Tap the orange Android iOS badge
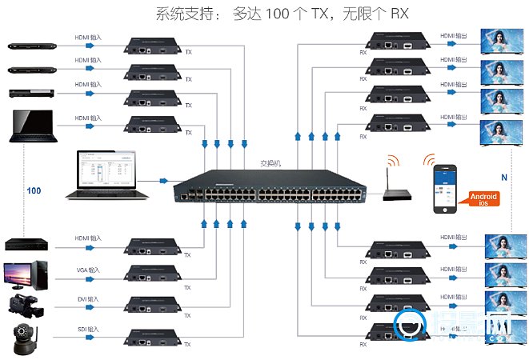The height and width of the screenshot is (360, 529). (482, 198)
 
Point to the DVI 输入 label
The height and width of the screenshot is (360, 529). (88, 299)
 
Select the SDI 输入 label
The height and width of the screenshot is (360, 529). (88, 329)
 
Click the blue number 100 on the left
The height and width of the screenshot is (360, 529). (34, 191)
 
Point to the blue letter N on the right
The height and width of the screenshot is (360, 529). (503, 177)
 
